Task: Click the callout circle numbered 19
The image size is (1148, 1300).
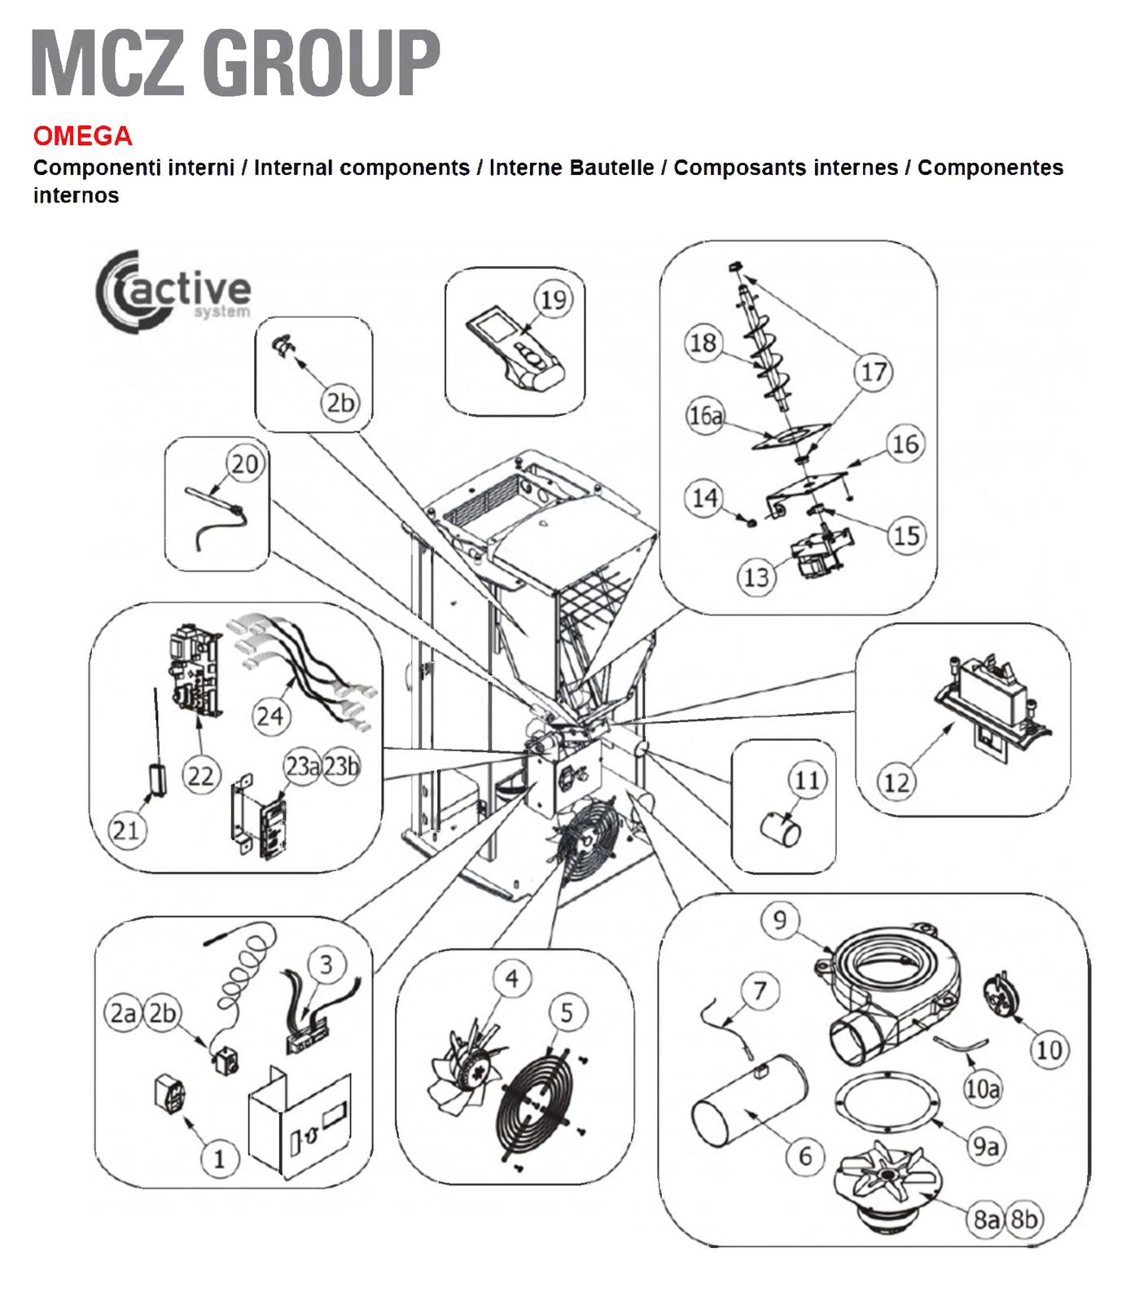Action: (x=554, y=300)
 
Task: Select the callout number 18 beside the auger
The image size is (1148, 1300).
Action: (x=703, y=343)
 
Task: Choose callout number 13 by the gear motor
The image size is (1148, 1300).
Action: (x=757, y=576)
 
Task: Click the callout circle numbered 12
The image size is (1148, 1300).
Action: (x=896, y=782)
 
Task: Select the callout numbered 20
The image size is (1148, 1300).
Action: (x=244, y=464)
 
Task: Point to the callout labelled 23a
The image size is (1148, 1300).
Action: (x=302, y=766)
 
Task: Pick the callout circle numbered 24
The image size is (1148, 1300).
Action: (x=269, y=716)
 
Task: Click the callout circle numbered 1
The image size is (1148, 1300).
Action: (x=219, y=1158)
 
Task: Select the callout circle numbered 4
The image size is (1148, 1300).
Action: (x=512, y=978)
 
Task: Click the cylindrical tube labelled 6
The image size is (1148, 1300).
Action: (x=748, y=1111)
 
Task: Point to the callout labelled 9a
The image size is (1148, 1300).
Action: (x=985, y=1145)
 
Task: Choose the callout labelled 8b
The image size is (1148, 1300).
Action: (x=1024, y=1219)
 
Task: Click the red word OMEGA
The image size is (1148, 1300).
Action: (x=82, y=135)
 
